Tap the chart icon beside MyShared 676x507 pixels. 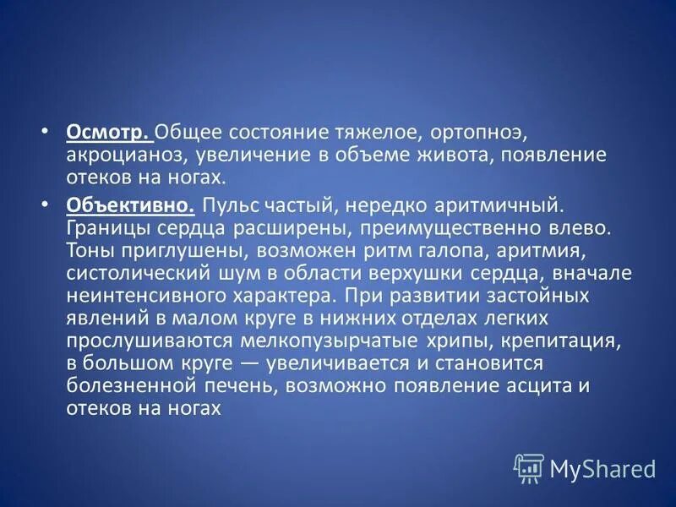pos(528,468)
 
